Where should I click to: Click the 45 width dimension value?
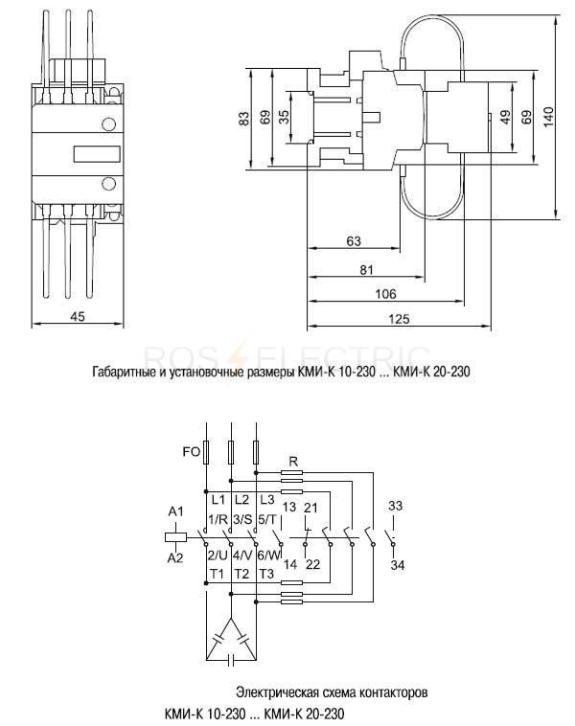click(x=78, y=317)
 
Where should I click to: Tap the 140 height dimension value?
click(x=548, y=117)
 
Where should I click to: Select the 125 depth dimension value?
click(x=399, y=319)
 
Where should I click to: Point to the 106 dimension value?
click(x=385, y=294)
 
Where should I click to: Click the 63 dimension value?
click(x=354, y=241)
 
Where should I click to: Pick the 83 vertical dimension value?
click(x=244, y=119)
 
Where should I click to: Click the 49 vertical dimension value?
click(x=505, y=117)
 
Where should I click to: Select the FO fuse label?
click(x=191, y=451)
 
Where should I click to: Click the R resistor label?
click(x=293, y=462)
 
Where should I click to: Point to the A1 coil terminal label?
click(x=175, y=511)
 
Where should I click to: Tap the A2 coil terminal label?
click(x=175, y=558)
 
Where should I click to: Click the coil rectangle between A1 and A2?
click(x=176, y=537)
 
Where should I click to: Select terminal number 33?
click(x=395, y=506)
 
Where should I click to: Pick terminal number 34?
click(x=397, y=565)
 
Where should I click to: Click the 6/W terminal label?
click(x=269, y=555)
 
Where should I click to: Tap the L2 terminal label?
click(x=241, y=500)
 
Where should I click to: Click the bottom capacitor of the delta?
click(x=231, y=659)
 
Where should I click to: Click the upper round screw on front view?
click(x=108, y=125)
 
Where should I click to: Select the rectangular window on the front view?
click(x=97, y=154)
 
